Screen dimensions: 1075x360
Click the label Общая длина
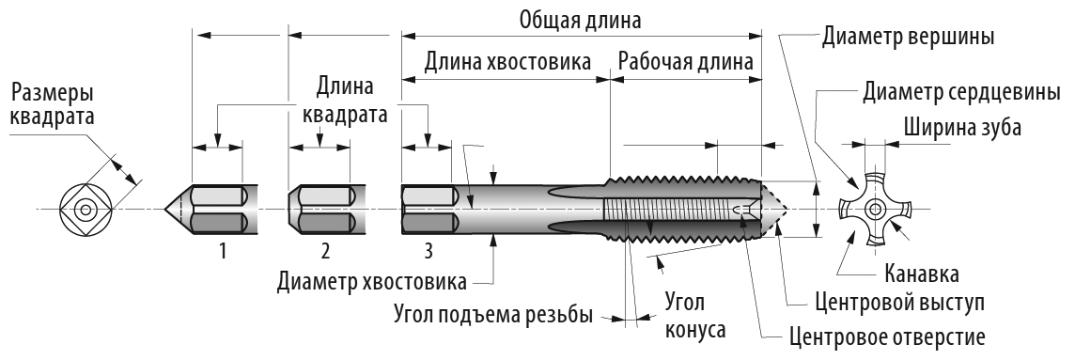580,20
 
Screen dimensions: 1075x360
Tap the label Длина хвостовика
507,62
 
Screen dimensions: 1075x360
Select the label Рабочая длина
686,62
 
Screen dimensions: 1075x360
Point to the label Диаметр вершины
909,36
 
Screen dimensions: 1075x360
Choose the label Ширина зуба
962,128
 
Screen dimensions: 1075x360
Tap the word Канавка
922,274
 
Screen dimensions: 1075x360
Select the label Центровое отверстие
888,337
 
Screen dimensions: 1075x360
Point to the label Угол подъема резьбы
493,316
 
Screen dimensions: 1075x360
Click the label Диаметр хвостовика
372,282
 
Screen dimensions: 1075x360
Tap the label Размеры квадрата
53,104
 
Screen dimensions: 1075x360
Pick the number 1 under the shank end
222,252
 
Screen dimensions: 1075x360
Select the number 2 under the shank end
325,252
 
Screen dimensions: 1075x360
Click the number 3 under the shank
428,252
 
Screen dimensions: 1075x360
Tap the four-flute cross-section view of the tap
876,210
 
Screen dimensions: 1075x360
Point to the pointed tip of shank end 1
164,210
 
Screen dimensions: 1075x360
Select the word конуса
696,330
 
